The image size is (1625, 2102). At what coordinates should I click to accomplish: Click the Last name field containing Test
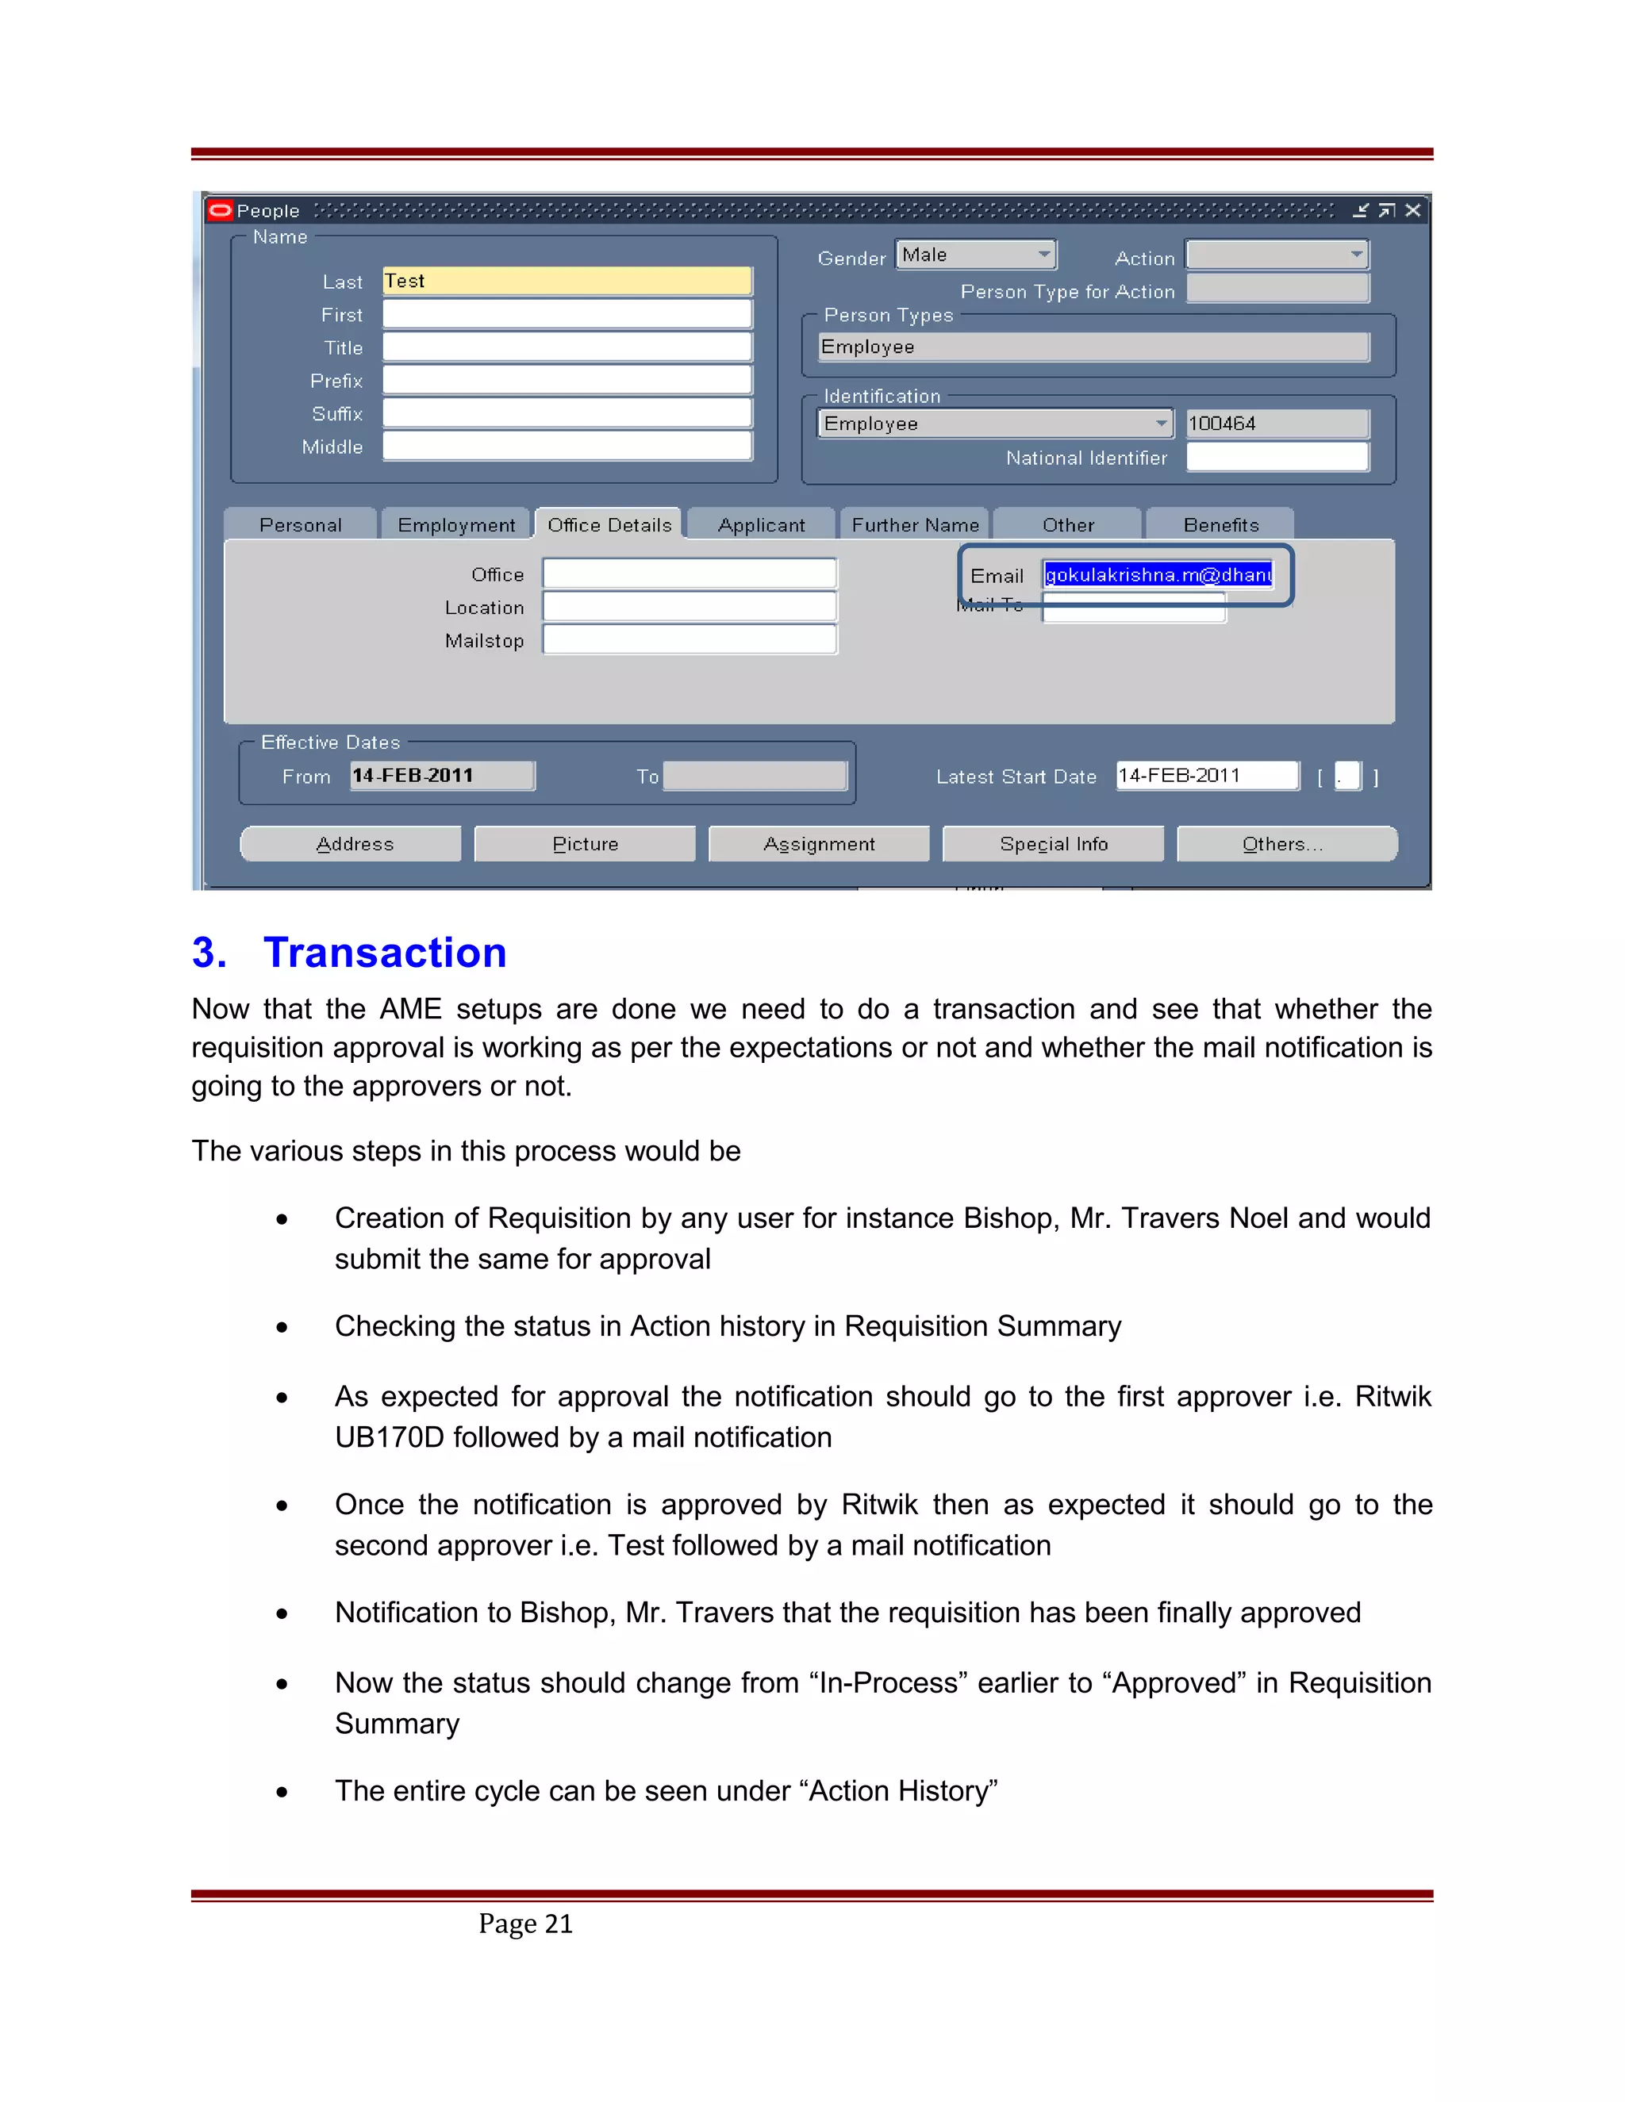pos(566,281)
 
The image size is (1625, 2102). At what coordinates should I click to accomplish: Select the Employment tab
pos(455,525)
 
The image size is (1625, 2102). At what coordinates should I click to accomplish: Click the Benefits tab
pos(1220,525)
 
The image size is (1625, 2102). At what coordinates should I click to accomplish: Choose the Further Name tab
pos(915,525)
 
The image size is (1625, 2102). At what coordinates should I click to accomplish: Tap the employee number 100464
pos(1276,424)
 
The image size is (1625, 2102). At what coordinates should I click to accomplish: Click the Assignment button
pos(818,844)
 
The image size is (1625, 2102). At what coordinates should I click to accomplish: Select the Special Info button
pos(1053,844)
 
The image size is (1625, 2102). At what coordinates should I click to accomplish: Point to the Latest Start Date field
pos(1206,776)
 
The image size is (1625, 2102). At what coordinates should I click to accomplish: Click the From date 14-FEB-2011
pos(441,776)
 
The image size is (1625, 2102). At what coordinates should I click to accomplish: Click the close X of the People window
pos(1412,211)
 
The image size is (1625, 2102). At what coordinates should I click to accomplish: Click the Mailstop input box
pos(690,640)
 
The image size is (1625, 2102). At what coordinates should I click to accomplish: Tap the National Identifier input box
pos(1277,457)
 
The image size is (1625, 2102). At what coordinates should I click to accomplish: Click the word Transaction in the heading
pos(385,953)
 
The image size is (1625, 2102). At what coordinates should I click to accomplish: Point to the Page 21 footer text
pos(525,1923)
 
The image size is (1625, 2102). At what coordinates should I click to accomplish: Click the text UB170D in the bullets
pos(389,1438)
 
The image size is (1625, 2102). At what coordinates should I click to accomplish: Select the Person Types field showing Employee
pos(1093,347)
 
